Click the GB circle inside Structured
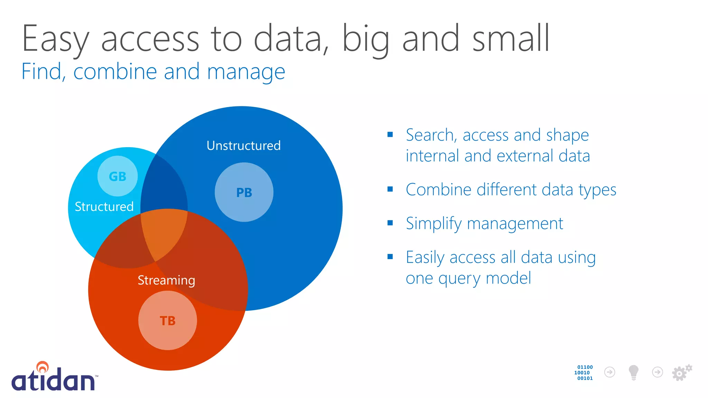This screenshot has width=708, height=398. click(x=118, y=176)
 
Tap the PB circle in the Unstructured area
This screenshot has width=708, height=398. click(x=244, y=192)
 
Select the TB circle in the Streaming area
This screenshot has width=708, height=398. click(x=168, y=321)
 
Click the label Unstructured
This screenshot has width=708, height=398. click(x=243, y=145)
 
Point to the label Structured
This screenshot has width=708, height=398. click(x=104, y=207)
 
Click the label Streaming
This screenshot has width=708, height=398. click(x=166, y=280)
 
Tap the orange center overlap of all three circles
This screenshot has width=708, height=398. click(x=165, y=231)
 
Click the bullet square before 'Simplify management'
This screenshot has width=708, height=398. click(x=390, y=223)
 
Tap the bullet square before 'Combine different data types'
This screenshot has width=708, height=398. click(x=390, y=189)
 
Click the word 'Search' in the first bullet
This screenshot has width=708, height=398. click(x=429, y=135)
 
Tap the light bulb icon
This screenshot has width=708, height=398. click(x=633, y=372)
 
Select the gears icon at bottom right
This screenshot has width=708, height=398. click(x=681, y=372)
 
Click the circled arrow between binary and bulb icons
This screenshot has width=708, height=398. click(x=609, y=372)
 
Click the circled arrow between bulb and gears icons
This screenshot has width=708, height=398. click(x=657, y=372)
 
